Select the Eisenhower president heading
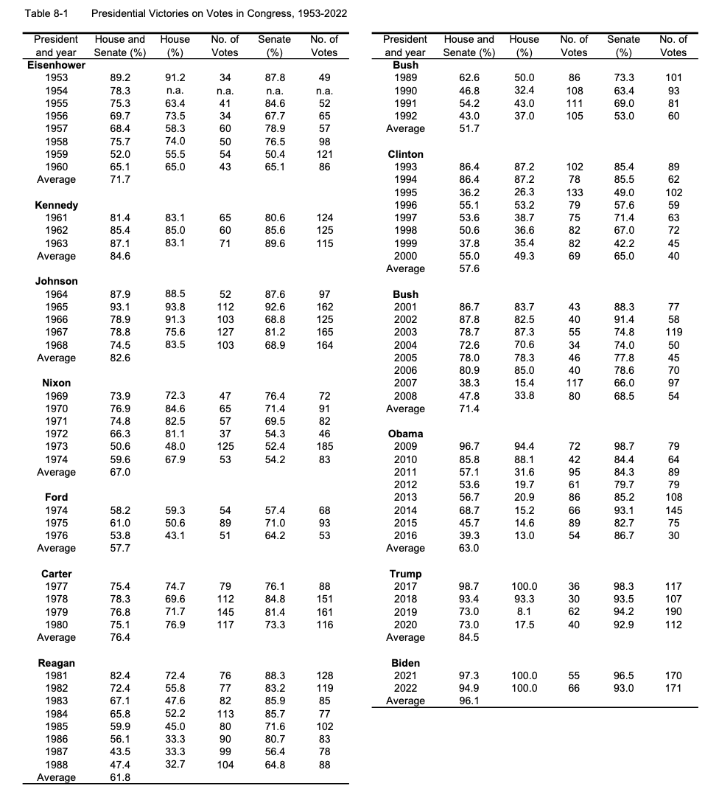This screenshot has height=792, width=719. coord(56,65)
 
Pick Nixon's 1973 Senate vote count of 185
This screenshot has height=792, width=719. coord(324,446)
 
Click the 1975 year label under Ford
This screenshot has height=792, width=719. coord(56,523)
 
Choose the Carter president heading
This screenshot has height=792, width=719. coord(56,574)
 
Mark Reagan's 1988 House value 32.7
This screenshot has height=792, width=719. coord(175,764)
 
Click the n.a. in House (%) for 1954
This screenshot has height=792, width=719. coord(175,90)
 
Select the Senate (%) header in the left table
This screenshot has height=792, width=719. coord(274,45)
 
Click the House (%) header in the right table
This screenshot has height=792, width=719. coord(524,45)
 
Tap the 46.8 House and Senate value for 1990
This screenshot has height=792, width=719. coord(469,90)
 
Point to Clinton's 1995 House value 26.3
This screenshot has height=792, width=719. coord(524,192)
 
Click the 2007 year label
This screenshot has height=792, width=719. coord(405,383)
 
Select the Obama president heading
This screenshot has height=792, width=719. coord(405,434)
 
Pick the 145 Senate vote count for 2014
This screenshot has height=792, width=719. coord(673,510)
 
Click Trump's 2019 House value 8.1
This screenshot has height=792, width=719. coord(524,611)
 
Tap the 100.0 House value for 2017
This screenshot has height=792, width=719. coord(524,586)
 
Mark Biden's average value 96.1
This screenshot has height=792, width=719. coord(469,701)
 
